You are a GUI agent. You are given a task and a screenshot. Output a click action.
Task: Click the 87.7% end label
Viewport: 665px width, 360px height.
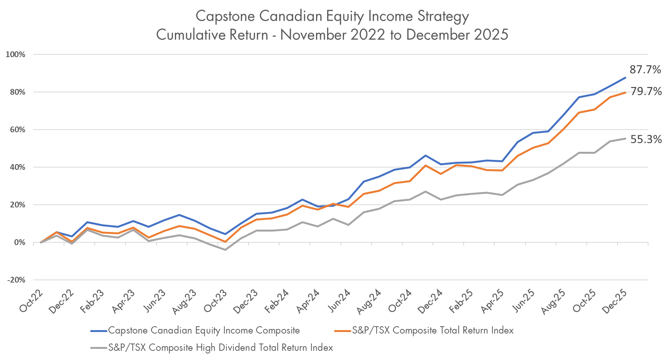(645, 70)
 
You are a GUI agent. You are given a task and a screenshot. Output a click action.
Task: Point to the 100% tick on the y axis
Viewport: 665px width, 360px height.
(15, 55)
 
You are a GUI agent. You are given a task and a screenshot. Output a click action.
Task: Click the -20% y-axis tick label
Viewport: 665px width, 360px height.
(16, 280)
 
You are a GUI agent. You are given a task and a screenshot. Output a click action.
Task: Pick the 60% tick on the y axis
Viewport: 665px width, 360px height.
(17, 130)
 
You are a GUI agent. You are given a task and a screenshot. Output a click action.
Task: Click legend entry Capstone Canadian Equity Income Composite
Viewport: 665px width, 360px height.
(204, 330)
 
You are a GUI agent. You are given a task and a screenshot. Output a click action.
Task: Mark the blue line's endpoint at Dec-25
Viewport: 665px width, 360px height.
(625, 78)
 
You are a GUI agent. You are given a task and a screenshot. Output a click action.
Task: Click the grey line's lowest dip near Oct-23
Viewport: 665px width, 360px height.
(225, 250)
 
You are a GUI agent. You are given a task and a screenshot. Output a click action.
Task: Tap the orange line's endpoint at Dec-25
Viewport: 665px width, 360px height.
(625, 93)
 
